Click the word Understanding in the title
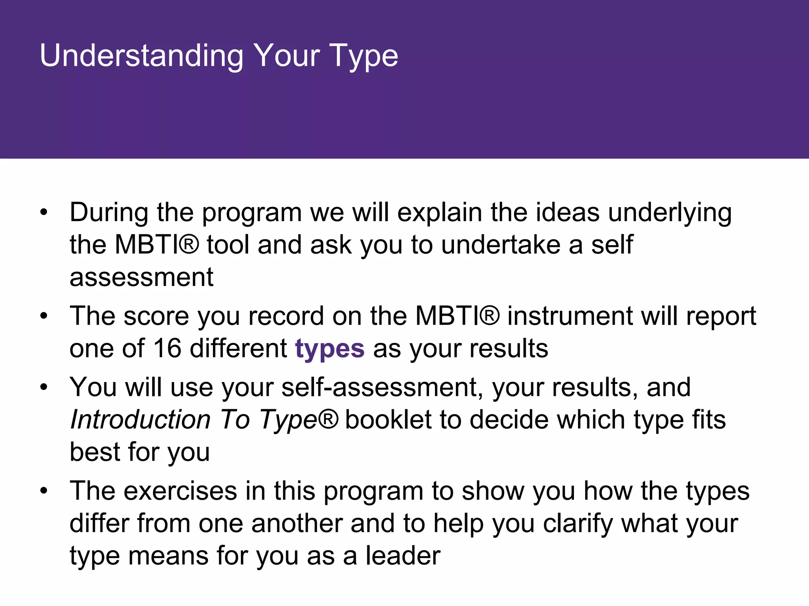[x=141, y=56]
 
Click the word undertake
[x=500, y=245]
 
